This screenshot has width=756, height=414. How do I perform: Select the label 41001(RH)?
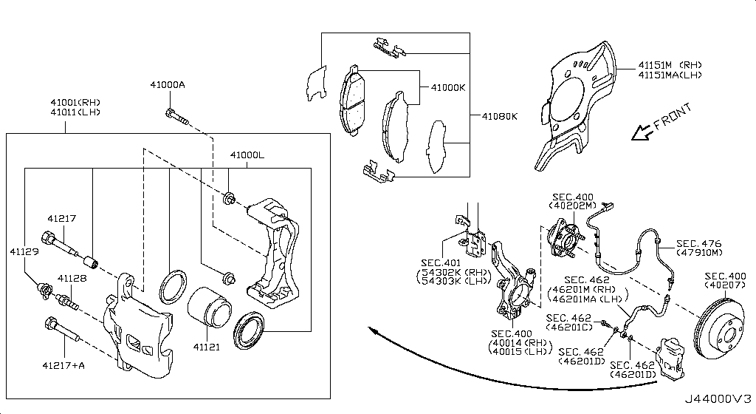[75, 102]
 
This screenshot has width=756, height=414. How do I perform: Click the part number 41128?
[72, 278]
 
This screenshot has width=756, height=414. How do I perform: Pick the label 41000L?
[247, 156]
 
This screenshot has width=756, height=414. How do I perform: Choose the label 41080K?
[500, 116]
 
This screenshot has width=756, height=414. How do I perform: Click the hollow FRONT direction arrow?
[640, 134]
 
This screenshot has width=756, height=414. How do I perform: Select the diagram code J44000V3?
[721, 401]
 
